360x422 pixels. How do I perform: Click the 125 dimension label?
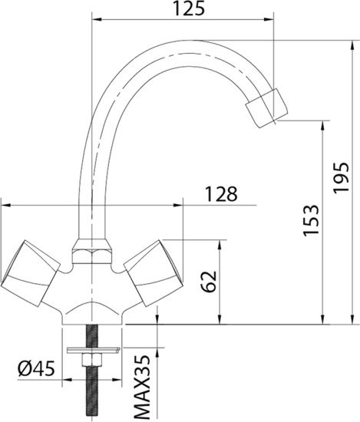click(188, 9)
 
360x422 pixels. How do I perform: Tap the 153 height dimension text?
click(311, 223)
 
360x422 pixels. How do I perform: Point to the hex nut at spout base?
click(90, 252)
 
